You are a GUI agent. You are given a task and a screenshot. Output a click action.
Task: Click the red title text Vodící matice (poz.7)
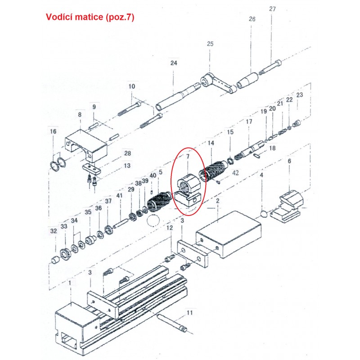[x=90, y=18]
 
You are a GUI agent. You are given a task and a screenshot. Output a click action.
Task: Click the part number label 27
[x=272, y=9]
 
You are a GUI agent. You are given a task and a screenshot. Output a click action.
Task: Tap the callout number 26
[x=252, y=19]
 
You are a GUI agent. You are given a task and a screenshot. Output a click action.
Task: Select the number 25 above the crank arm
[x=210, y=44]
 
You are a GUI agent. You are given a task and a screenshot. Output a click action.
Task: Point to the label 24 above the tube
[x=174, y=63]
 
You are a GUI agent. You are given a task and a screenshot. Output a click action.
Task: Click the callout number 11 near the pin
[x=189, y=312]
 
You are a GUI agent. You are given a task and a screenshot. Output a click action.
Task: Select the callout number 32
[x=54, y=231]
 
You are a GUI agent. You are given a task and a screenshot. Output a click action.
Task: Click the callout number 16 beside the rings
[x=54, y=131]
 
